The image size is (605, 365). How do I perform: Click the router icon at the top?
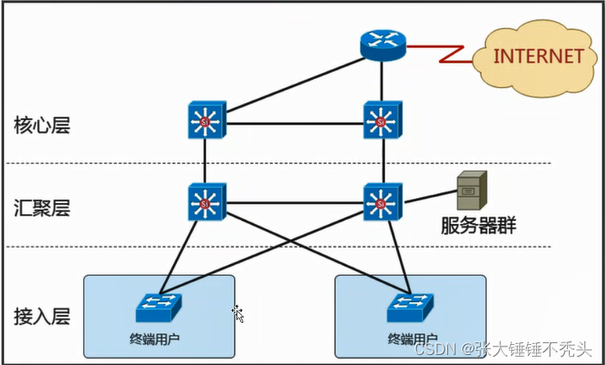point(382,44)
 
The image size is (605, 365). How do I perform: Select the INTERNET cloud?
point(537,55)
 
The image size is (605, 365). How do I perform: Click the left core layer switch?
point(203,123)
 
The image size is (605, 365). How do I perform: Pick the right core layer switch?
point(382,123)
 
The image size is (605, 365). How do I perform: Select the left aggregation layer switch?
point(203,202)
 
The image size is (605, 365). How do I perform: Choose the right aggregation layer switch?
point(382,202)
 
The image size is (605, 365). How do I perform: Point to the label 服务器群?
point(479,226)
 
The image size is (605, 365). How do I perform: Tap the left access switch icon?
point(159,308)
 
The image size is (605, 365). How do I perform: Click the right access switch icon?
point(409,308)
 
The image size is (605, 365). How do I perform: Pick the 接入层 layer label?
point(41,316)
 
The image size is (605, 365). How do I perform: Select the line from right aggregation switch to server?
point(430,198)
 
